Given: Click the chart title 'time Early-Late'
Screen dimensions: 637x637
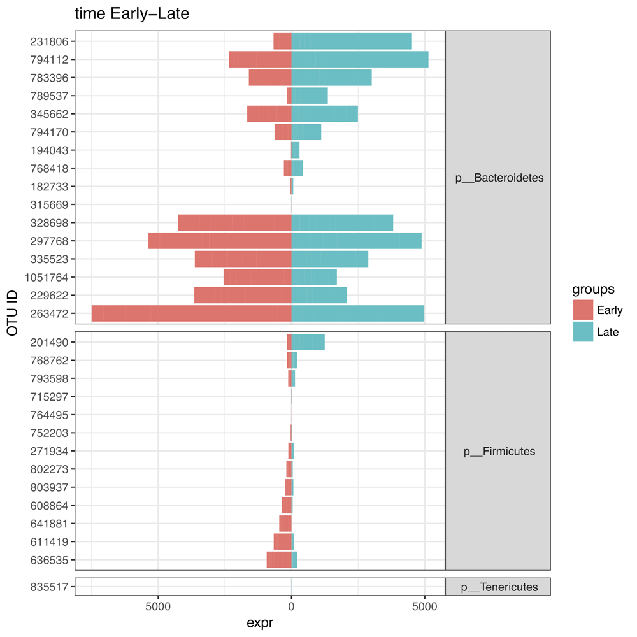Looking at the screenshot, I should pos(132,14).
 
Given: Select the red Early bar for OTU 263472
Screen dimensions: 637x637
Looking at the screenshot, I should pos(191,313).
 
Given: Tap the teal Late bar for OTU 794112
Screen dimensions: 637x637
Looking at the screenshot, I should pos(359,59).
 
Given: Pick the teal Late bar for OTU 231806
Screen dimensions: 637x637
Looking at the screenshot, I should pos(351,41).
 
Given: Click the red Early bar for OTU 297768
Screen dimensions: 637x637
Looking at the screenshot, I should pos(220,241).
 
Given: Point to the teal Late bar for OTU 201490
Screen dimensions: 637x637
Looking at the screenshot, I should pos(308,342).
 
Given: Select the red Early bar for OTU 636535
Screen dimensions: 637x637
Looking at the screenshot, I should pos(279,560).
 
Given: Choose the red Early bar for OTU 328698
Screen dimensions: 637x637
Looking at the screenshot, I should pos(234,223).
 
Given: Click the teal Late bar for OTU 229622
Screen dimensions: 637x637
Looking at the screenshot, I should pos(319,296).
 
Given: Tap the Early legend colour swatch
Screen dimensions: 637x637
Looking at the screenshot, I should pos(583,310).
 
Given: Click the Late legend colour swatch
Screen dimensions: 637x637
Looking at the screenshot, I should pos(583,331).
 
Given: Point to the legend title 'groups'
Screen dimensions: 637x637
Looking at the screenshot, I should pos(593,289).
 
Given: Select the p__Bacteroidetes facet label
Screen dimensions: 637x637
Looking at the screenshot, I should pos(499,178).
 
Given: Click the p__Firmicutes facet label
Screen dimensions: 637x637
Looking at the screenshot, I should pos(499,452).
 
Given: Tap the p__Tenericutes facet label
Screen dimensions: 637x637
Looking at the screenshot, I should pos(499,587).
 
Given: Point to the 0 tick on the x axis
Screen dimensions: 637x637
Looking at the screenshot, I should pos(291,605).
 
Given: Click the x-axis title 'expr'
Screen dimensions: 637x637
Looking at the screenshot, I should pos(260,623).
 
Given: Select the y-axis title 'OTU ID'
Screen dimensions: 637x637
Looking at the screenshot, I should pos(13,313).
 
